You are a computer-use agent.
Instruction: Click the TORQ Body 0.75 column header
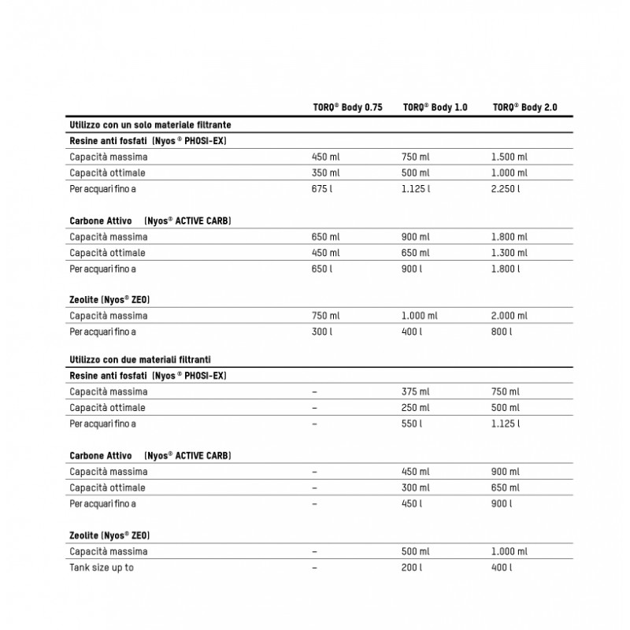347,107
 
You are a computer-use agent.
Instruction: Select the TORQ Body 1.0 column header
435,107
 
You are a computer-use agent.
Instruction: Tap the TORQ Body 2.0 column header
524,107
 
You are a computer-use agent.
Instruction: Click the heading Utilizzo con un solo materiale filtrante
150,124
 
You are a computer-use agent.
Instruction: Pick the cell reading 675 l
324,189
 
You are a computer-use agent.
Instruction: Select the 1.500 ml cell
510,157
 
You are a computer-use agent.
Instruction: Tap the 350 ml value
326,172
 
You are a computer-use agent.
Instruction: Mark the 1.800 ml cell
510,237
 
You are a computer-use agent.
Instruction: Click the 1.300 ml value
510,253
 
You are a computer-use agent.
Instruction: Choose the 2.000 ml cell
510,317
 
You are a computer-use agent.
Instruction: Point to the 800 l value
502,332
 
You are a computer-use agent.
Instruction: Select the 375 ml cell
416,392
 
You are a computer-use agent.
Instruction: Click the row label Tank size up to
102,568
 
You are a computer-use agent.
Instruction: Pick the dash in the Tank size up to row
315,568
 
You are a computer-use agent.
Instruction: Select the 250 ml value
416,408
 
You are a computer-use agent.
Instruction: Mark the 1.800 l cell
506,269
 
